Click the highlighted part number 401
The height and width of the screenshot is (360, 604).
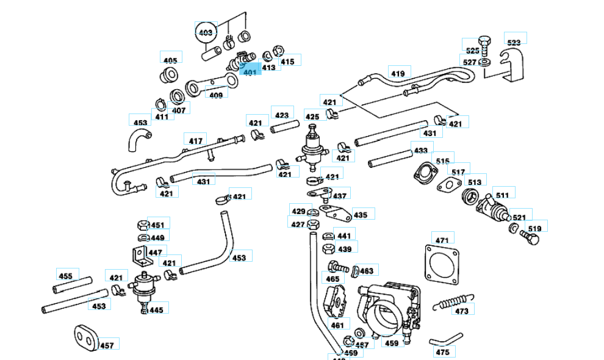point(250,72)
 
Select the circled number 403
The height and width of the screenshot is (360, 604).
point(206,32)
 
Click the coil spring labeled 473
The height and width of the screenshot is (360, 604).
point(452,300)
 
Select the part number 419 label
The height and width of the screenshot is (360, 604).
point(398,74)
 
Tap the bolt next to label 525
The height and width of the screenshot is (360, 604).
point(485,44)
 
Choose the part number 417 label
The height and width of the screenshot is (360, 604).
point(195,141)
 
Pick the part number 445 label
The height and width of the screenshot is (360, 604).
point(156,310)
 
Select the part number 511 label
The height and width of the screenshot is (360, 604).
point(502,195)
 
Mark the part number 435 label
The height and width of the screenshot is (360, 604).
point(361,215)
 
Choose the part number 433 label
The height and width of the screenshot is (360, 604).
point(420,150)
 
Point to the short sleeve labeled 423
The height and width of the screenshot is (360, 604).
point(282,129)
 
